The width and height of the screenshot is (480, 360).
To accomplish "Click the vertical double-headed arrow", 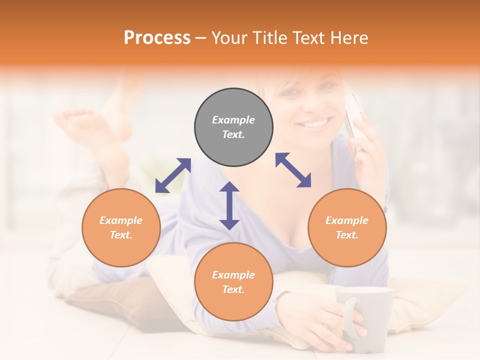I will pyautogui.click(x=229, y=205).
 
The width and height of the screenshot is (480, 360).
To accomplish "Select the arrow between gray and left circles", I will pyautogui.click(x=173, y=175).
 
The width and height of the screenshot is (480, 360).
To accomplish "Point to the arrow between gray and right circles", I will pyautogui.click(x=293, y=170).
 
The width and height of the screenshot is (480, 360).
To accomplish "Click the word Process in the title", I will pyautogui.click(x=157, y=37).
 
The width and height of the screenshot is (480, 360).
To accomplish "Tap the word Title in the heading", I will pyautogui.click(x=270, y=37).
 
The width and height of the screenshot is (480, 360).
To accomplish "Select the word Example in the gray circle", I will pyautogui.click(x=233, y=120).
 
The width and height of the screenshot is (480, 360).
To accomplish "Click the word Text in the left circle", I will pyautogui.click(x=121, y=235).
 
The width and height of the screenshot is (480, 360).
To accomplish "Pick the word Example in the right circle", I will pyautogui.click(x=347, y=220).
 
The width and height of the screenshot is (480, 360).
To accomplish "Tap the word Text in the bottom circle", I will pyautogui.click(x=233, y=289).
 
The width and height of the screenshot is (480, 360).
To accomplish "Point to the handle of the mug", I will pyautogui.click(x=350, y=318).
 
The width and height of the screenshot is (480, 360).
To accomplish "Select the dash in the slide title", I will pyautogui.click(x=200, y=38).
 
